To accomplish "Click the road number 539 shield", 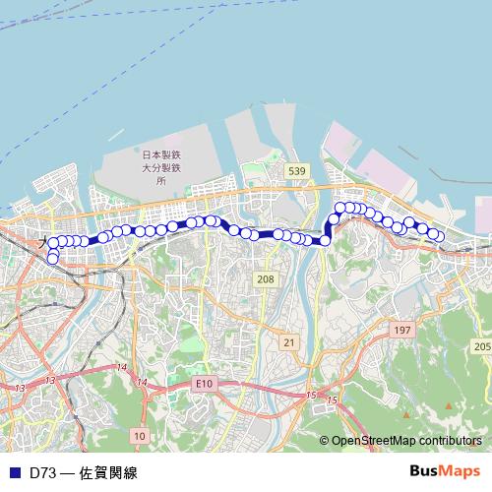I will click(296, 171).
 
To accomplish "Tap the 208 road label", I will click(265, 280).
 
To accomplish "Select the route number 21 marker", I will click(288, 341).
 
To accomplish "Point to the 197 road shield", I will click(400, 331).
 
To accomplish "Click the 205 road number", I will click(481, 347).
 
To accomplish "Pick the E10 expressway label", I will click(204, 383).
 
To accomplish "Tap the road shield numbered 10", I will click(139, 435).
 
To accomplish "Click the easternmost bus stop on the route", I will click(439, 236).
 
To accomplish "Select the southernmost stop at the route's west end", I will click(52, 259).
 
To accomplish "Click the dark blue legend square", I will click(14, 472).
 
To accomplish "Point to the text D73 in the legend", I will click(42, 472).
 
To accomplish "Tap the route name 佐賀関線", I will click(108, 472).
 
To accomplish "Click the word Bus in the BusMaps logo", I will click(424, 471).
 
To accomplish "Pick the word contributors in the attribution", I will click(450, 442).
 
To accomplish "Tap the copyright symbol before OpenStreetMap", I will click(324, 442).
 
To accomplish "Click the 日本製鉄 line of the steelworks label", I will click(160, 154).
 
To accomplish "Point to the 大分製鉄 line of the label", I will click(160, 168).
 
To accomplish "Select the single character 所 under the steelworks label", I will click(160, 182).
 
